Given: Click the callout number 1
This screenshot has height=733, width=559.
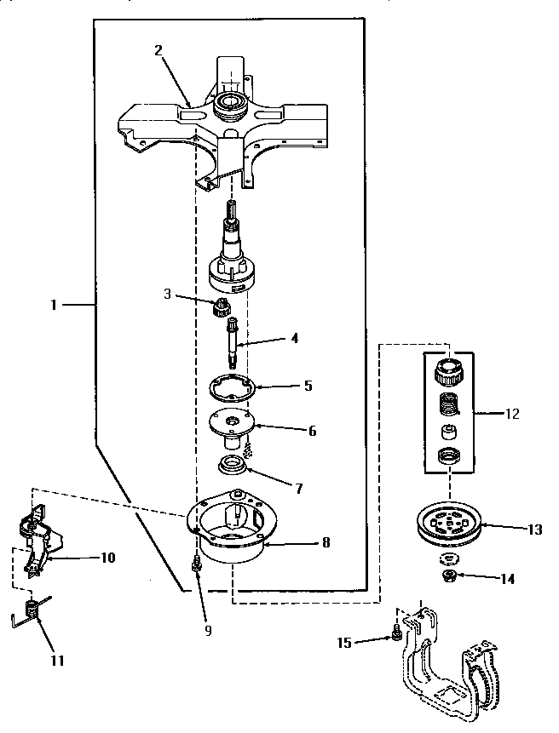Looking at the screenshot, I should [x=54, y=304].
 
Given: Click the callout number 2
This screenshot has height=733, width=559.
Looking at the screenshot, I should [x=158, y=50].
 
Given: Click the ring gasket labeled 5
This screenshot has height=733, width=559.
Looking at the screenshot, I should [x=234, y=386].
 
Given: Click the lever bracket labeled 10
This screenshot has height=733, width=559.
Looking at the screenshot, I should [x=39, y=544].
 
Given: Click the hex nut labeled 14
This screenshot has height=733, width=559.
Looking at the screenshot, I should [x=448, y=576].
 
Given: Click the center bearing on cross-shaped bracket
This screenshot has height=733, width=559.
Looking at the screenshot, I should [x=229, y=106].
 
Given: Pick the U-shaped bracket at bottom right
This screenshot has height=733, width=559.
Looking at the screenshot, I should [x=447, y=673].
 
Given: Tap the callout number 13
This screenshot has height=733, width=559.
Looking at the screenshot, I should [x=534, y=529].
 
